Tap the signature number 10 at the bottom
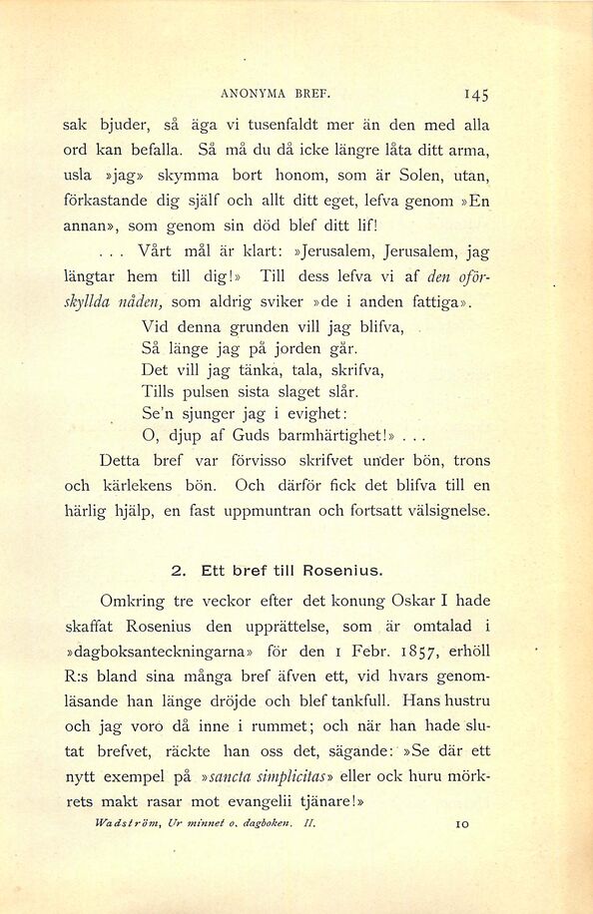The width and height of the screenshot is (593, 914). (x=460, y=825)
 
